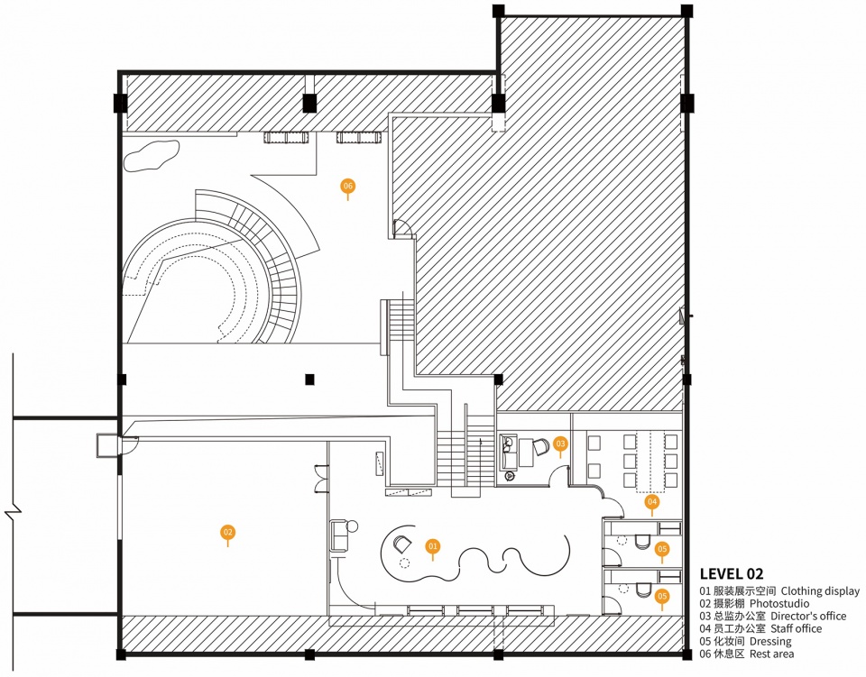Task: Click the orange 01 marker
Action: [432, 547]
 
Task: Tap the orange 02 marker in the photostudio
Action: [227, 533]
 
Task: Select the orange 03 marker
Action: [560, 444]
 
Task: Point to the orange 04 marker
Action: [652, 501]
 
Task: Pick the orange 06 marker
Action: [347, 186]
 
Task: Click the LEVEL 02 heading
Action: [732, 574]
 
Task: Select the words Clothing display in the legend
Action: [820, 591]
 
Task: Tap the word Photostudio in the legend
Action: [779, 604]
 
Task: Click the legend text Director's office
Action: [808, 616]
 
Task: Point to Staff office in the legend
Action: [796, 628]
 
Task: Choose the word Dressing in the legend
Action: [770, 641]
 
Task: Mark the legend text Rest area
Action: [771, 654]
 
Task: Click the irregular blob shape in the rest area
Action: [152, 155]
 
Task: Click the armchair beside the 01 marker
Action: [401, 544]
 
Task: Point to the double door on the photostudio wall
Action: [321, 479]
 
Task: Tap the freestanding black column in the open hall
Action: [309, 379]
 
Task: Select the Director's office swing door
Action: [559, 476]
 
